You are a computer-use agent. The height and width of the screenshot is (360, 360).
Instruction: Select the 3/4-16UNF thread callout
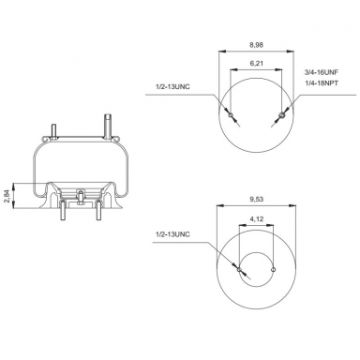click(321, 71)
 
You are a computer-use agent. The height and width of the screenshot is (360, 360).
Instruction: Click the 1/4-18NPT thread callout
click(321, 84)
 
